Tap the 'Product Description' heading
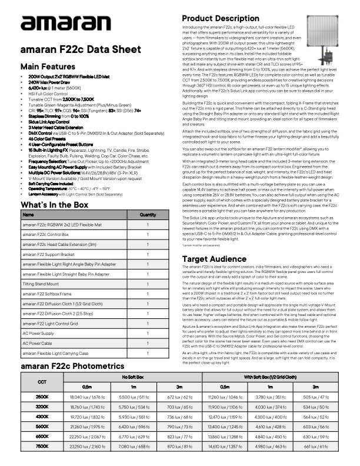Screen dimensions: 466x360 pos(221,18)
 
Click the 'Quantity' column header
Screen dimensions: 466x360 pos(147,215)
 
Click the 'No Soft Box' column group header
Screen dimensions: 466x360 pos(133,375)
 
